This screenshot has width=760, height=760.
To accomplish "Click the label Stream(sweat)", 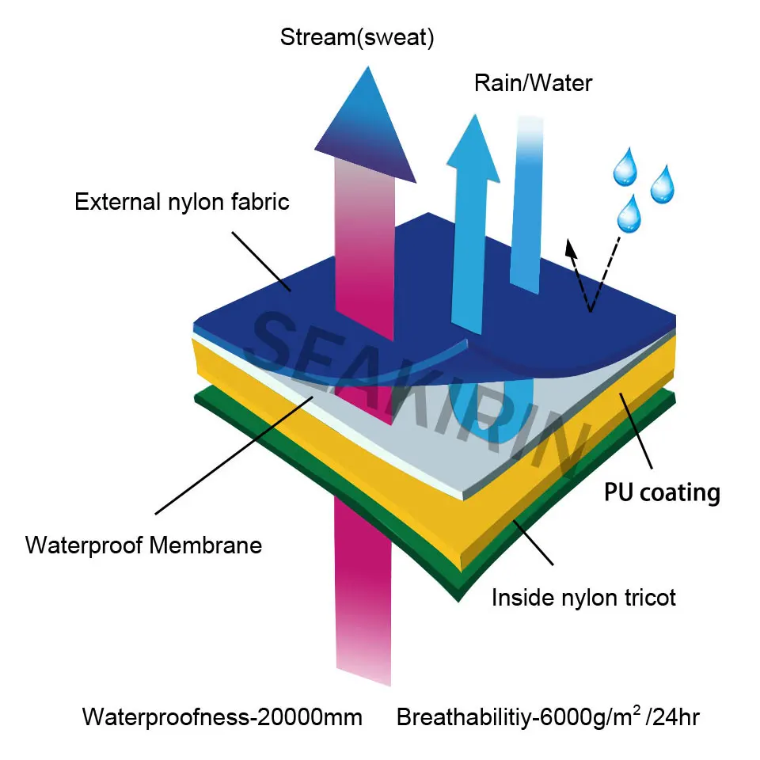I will (357, 38).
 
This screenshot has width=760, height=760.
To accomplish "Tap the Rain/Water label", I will (533, 83).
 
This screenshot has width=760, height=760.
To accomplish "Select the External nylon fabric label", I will (182, 201).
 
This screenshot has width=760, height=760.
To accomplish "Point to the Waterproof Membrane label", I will (143, 545).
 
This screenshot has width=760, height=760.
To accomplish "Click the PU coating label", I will (662, 492).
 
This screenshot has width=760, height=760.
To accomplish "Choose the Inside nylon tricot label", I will (583, 597).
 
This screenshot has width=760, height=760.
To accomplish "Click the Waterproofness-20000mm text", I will (222, 718).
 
